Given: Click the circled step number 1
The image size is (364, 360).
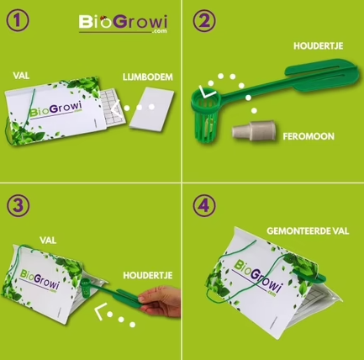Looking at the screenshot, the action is coord(18,20).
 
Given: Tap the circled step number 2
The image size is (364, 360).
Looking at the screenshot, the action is coord(204,20).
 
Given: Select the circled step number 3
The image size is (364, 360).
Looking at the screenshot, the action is coord(18,205).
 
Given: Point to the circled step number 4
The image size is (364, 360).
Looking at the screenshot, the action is coord(204,205).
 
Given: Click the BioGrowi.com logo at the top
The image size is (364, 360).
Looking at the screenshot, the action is coord(123,24).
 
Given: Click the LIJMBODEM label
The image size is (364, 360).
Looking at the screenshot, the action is coord(148,77).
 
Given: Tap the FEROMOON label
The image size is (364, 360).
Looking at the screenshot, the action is coord(309,136).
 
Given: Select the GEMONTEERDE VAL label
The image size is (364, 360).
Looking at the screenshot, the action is coord(308,231).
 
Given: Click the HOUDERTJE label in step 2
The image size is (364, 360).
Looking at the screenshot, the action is coord(319,46).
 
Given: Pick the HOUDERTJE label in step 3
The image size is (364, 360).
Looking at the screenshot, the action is coord(148,275).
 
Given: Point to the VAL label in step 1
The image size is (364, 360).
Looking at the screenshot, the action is coord(21,76).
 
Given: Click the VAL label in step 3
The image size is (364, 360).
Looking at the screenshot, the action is coord(48,241).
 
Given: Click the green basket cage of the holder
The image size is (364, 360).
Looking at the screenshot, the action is coord(205,116).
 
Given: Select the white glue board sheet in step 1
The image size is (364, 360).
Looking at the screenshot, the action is coord(151,109).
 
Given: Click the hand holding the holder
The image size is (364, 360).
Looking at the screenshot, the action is coord(161,301).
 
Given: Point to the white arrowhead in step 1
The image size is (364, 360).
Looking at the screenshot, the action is coord(117,108).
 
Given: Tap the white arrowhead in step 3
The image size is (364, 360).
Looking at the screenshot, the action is coord(101,310).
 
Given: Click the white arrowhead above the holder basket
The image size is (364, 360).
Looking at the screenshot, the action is coord(206,93).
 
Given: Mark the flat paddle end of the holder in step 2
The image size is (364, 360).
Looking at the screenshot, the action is coord(323,76).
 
